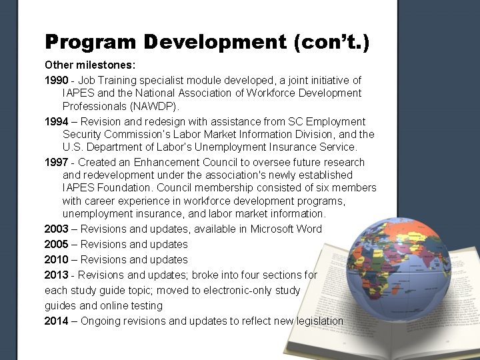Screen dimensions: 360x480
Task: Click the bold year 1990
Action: click(x=57, y=80)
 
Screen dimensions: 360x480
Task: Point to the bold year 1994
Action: click(x=57, y=121)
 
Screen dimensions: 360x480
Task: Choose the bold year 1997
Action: click(x=57, y=162)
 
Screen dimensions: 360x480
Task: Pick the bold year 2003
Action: click(x=57, y=229)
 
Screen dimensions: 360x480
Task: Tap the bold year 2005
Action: click(x=57, y=244)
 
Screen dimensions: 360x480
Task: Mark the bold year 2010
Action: click(x=57, y=259)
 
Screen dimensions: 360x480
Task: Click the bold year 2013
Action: click(x=57, y=275)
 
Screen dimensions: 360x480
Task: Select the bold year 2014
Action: click(x=57, y=321)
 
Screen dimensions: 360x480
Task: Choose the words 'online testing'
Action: click(x=131, y=305)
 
